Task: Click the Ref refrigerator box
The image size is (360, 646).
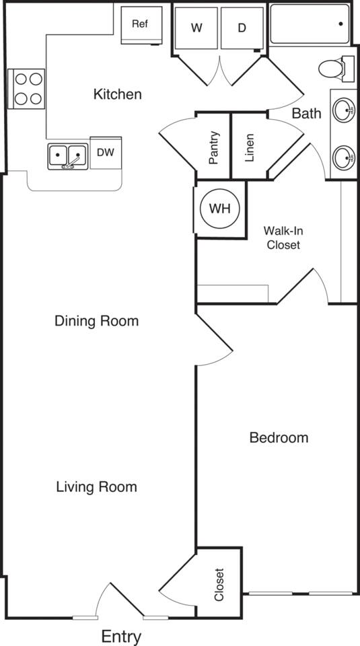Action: (141, 25)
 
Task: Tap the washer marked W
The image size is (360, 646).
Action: (196, 28)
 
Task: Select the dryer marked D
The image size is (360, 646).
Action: (242, 28)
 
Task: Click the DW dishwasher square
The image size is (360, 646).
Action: (106, 152)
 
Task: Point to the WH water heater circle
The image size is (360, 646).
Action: (219, 209)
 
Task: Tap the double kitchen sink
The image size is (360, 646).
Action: (68, 157)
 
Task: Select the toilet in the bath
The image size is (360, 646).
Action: (334, 68)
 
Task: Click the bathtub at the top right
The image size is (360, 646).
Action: (310, 24)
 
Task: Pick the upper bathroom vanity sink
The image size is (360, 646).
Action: (344, 109)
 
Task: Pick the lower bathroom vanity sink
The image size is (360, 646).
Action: (344, 159)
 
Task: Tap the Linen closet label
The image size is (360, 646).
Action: (249, 147)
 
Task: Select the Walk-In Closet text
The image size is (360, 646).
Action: (283, 238)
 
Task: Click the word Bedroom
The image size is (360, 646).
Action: (279, 438)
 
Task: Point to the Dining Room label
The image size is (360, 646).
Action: (96, 321)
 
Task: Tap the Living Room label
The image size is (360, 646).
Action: (96, 487)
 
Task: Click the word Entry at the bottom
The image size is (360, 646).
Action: (121, 636)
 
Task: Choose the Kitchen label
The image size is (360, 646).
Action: (117, 94)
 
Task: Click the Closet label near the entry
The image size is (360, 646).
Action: (219, 585)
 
